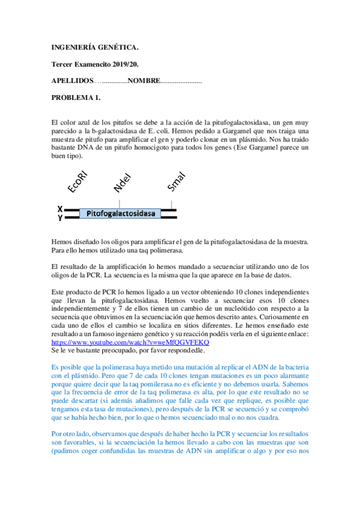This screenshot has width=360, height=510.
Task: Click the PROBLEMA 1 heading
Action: [x=76, y=97]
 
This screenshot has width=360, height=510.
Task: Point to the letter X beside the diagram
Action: [x=60, y=209]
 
